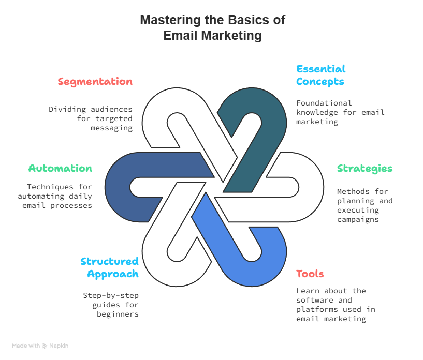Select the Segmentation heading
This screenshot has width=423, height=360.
[x=95, y=82]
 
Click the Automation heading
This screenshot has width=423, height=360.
[x=60, y=169]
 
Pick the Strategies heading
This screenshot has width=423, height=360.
[x=364, y=169]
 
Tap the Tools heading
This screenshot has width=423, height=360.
[x=310, y=274]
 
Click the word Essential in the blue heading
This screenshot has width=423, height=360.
[x=320, y=69]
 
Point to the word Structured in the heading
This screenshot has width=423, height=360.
[x=109, y=261]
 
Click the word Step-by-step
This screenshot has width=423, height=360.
[x=111, y=295]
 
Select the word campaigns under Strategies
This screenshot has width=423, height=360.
[x=358, y=219]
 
